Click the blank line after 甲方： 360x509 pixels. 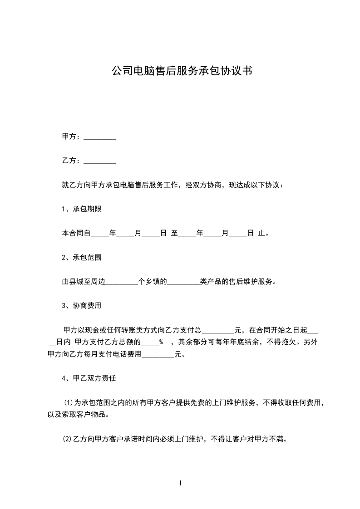(x=100, y=137)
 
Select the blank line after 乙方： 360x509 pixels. (x=100, y=161)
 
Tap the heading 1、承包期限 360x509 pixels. (x=81, y=209)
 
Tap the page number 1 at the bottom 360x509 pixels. (x=180, y=483)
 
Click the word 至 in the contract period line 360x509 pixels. (x=174, y=234)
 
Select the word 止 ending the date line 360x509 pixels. (x=261, y=234)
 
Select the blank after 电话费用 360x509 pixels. (x=158, y=354)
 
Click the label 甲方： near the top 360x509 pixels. (x=71, y=137)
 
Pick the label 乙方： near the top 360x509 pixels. (x=71, y=161)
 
